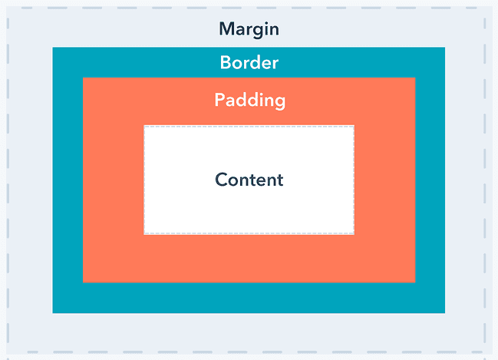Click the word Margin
pos(249,29)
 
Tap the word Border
pos(249,62)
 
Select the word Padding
pos(250,101)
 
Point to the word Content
pos(249,180)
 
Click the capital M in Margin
pos(226,29)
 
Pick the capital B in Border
pos(225,62)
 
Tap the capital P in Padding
pos(219,100)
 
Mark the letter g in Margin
pos(256,31)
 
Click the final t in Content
pos(279,180)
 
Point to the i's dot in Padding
pos(257,94)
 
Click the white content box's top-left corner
pos(143,126)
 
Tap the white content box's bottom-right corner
pos(355,235)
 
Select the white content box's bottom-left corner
pos(143,235)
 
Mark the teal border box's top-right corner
pos(445,48)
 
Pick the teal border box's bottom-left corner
pos(53,313)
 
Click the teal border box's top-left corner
pos(53,48)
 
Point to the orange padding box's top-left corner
pos(83,78)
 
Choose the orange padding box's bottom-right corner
pos(415,282)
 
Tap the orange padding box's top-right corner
pos(415,78)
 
